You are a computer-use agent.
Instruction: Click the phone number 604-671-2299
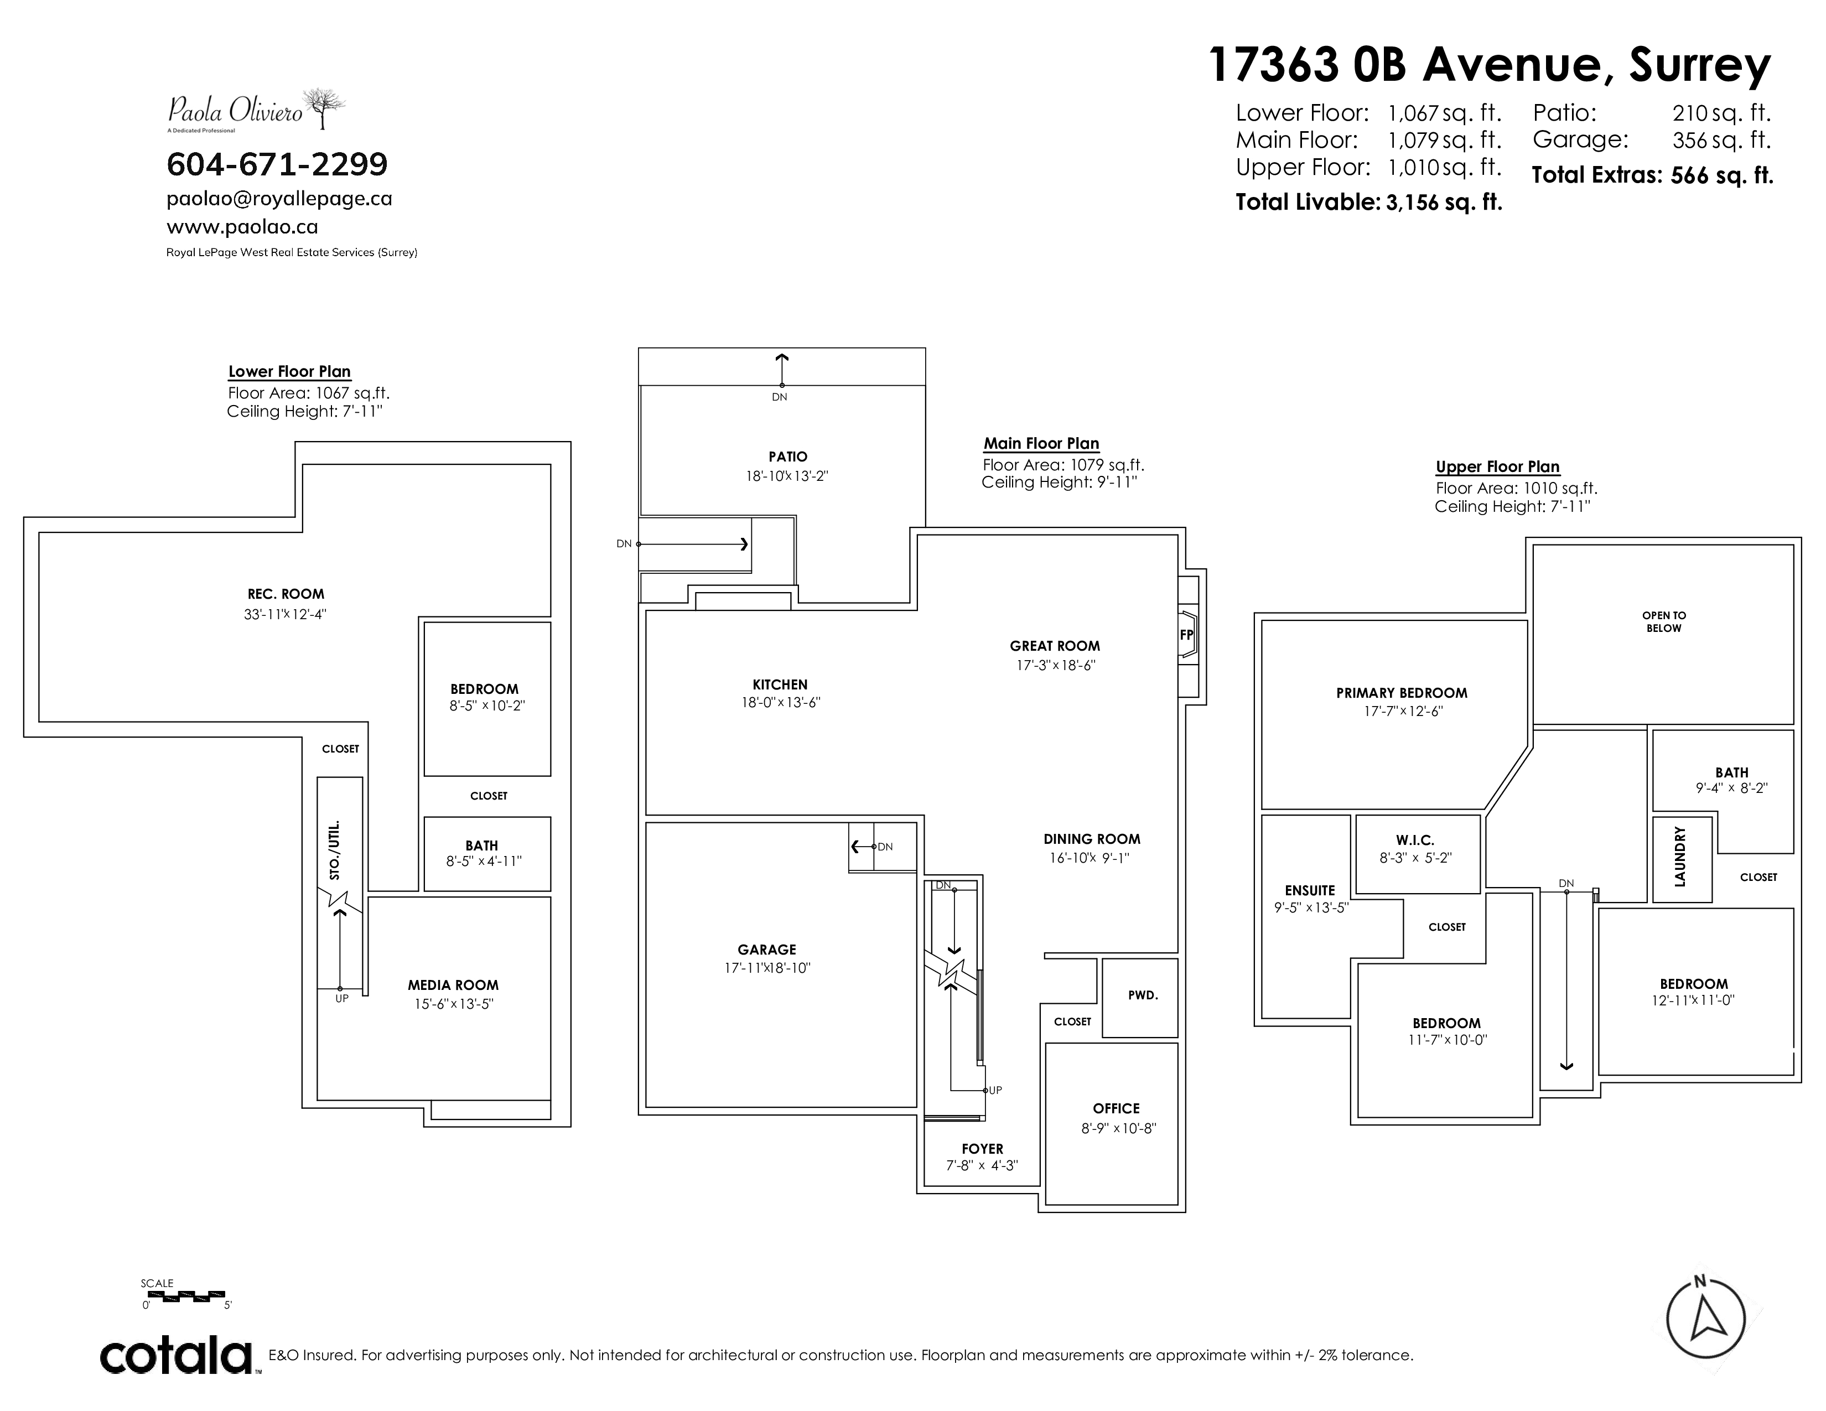pyautogui.click(x=277, y=165)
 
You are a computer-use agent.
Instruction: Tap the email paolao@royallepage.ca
pyautogui.click(x=279, y=199)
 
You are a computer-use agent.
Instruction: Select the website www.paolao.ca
pyautogui.click(x=242, y=226)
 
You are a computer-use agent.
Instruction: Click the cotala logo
pyautogui.click(x=177, y=1355)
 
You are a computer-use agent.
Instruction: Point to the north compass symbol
pyautogui.click(x=1705, y=1320)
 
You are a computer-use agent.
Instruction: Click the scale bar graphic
pyautogui.click(x=191, y=1296)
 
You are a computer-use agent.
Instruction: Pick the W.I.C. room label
pyautogui.click(x=1415, y=840)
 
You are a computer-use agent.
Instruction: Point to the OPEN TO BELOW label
pyautogui.click(x=1664, y=622)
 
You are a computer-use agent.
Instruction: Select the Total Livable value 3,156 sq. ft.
pyautogui.click(x=1444, y=203)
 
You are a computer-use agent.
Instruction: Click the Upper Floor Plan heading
pyautogui.click(x=1497, y=467)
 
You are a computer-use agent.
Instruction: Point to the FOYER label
pyautogui.click(x=982, y=1149)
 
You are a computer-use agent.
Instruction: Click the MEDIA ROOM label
pyautogui.click(x=453, y=985)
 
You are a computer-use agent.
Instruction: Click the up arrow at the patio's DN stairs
pyautogui.click(x=782, y=369)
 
